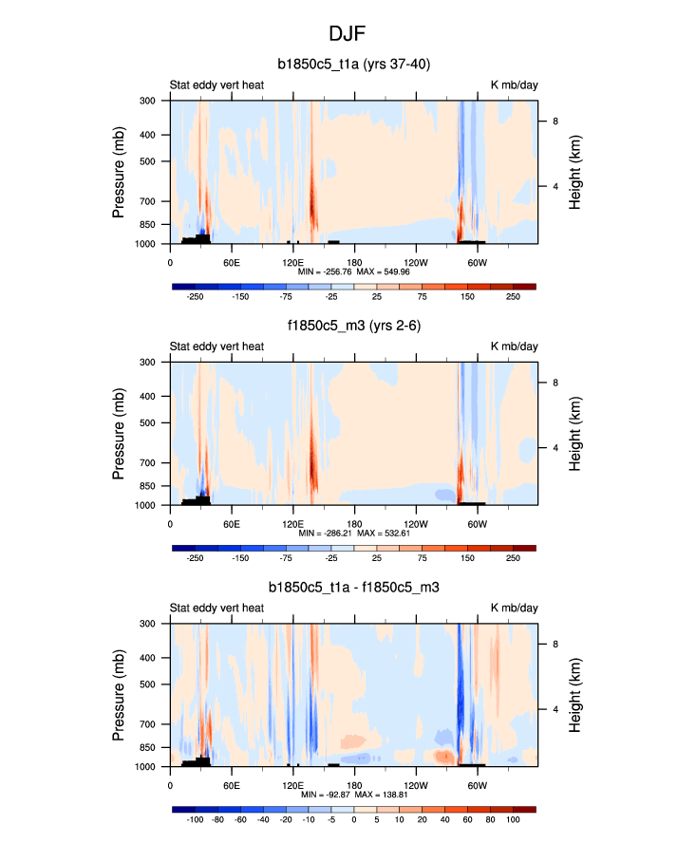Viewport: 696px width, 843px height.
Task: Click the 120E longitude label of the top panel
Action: tap(292, 261)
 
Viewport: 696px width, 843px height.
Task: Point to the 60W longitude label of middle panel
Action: tap(477, 522)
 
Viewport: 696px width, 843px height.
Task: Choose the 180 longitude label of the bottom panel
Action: tap(353, 784)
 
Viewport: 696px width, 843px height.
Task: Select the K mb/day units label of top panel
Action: tap(514, 85)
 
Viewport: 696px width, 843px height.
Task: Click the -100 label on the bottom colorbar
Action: tap(196, 818)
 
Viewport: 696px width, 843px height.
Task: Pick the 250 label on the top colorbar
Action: tap(513, 295)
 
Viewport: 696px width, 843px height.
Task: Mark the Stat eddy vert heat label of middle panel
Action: tap(216, 347)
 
